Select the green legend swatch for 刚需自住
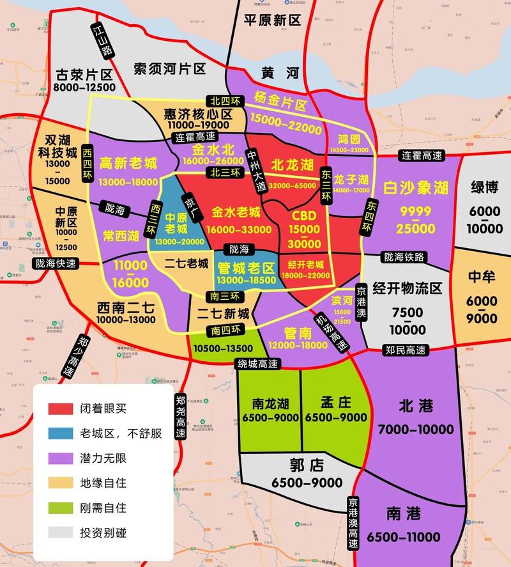(x=63, y=508)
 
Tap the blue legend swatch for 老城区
(x=63, y=433)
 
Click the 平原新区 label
(x=271, y=20)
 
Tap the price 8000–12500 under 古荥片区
(x=84, y=87)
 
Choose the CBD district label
(x=303, y=215)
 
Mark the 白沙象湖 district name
(x=416, y=187)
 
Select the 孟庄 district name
(x=335, y=403)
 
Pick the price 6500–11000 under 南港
(x=405, y=536)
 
